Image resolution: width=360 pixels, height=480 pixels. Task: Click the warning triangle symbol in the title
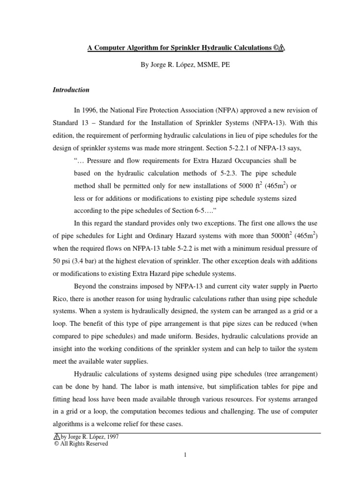pos(280,48)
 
